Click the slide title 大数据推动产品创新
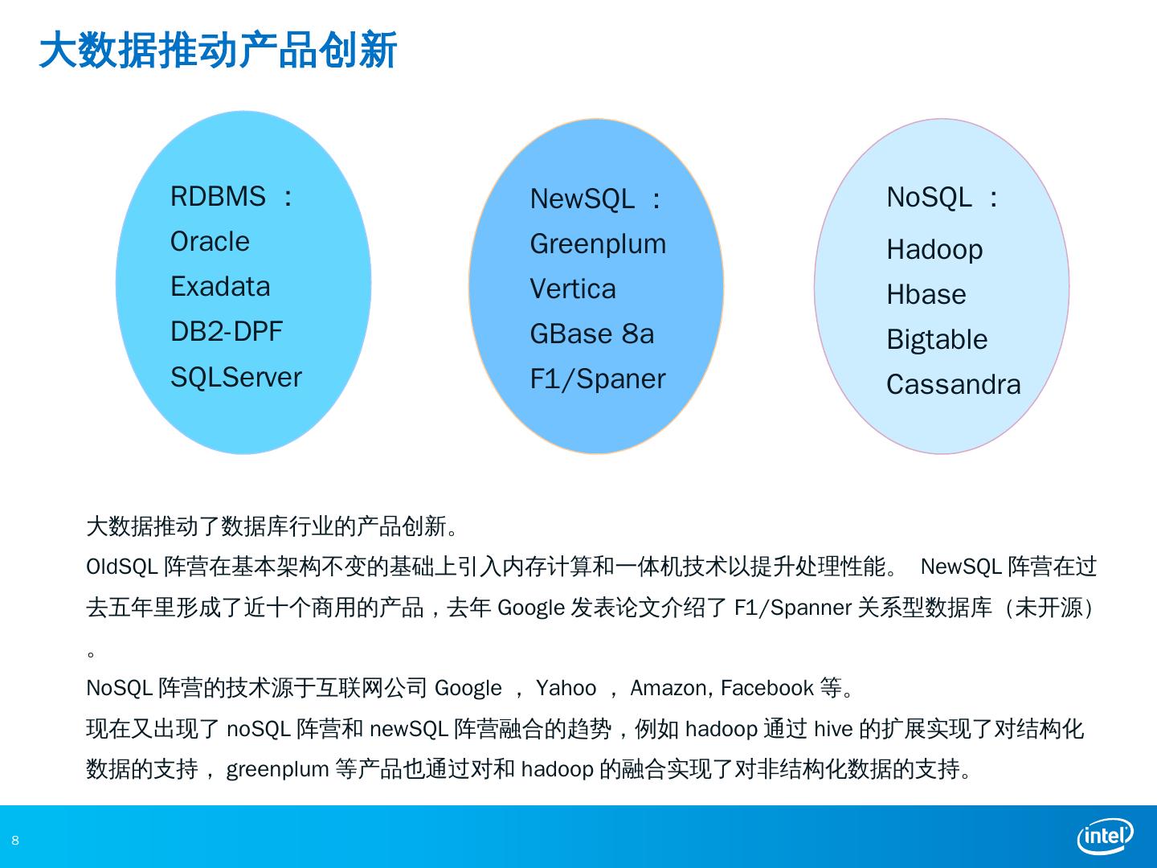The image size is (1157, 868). [x=218, y=51]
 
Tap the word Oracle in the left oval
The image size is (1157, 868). [x=210, y=241]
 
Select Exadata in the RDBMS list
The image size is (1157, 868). [x=220, y=287]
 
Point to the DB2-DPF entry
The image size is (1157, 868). [x=226, y=331]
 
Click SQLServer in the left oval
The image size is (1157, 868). [x=235, y=377]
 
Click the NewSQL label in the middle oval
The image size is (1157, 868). [x=582, y=199]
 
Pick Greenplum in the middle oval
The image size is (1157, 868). [x=598, y=244]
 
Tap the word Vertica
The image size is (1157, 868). [x=572, y=289]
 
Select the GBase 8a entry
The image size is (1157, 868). [x=591, y=334]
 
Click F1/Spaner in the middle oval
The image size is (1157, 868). [x=597, y=379]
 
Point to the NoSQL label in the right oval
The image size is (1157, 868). [x=929, y=197]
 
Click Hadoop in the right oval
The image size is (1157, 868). [x=934, y=249]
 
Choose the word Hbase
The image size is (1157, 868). [x=926, y=294]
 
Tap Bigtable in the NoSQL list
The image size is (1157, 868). [x=937, y=339]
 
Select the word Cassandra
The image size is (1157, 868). [x=953, y=385]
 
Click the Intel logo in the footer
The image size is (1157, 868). [x=1105, y=837]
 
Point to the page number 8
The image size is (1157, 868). [x=14, y=841]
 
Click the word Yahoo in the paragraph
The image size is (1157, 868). [x=566, y=688]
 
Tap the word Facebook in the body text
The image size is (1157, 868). [x=767, y=688]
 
